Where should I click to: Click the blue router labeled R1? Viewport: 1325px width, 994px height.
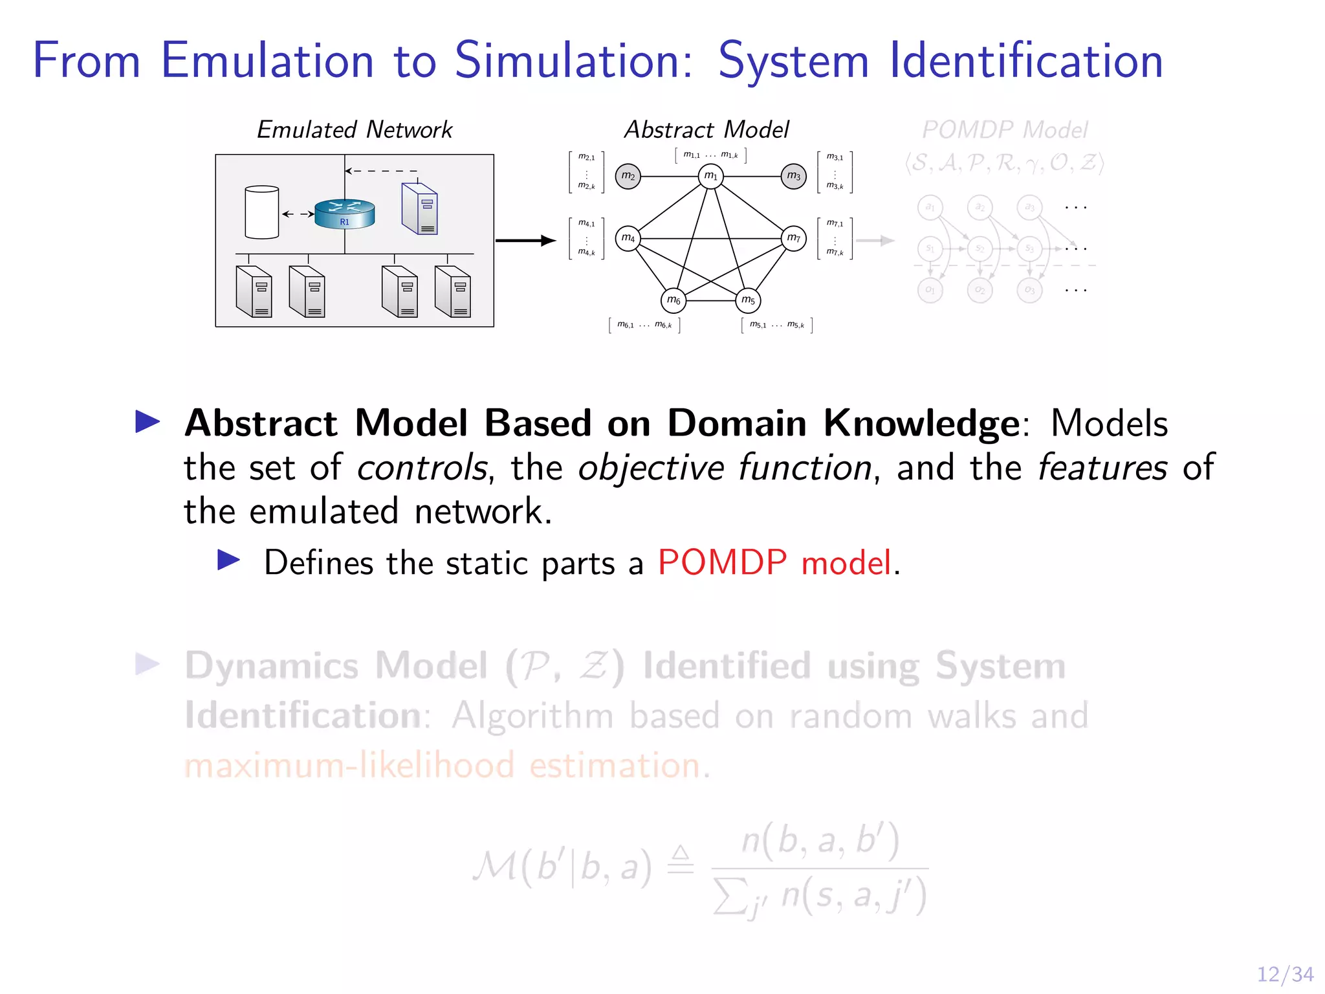345,214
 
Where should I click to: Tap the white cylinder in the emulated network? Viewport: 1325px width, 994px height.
262,212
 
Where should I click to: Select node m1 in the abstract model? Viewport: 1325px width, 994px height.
710,176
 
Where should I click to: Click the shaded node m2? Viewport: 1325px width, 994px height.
628,176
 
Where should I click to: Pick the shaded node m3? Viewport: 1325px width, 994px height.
794,176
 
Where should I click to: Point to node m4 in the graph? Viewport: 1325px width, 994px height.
628,238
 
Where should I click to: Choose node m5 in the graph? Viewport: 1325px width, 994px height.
748,300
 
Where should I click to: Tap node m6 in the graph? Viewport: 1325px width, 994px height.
673,300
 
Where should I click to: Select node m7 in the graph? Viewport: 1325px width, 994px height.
794,238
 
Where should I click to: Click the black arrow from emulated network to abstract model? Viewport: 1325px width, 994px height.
525,241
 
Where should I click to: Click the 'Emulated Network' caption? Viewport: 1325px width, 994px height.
355,130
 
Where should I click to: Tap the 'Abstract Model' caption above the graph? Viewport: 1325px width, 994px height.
706,130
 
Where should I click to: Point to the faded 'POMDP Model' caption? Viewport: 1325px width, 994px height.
1005,130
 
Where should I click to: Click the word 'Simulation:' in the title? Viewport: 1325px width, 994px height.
573,61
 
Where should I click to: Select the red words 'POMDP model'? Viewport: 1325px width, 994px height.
774,562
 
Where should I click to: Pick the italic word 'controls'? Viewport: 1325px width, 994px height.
422,468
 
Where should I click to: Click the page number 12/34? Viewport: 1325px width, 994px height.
1285,974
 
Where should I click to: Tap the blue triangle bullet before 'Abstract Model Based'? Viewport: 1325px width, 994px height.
148,422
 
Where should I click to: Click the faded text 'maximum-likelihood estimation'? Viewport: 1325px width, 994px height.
443,766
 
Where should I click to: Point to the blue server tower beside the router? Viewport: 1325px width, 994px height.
419,208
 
